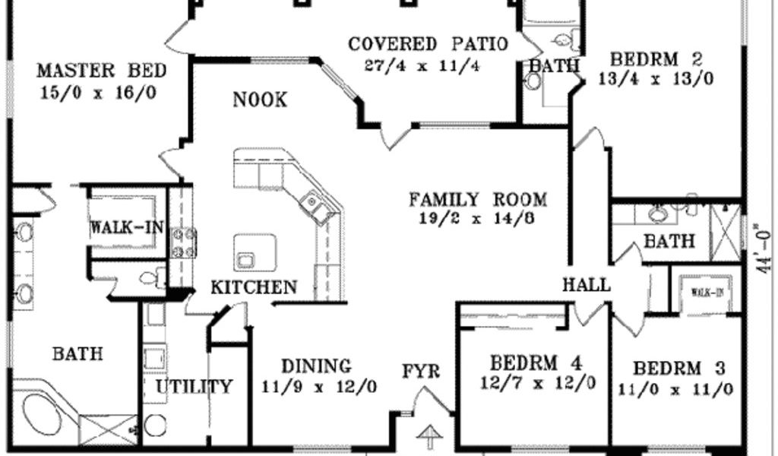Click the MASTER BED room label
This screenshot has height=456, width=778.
[102, 71]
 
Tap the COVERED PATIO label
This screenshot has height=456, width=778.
[429, 44]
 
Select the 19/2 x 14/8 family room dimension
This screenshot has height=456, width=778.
[477, 218]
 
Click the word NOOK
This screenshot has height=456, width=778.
[260, 100]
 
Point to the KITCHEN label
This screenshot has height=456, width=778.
[254, 287]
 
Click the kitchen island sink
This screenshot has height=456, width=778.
[245, 259]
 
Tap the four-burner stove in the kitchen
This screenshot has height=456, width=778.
[183, 243]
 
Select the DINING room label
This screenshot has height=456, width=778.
[317, 366]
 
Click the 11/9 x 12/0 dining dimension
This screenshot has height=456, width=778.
[319, 387]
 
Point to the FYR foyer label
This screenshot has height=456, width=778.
[421, 371]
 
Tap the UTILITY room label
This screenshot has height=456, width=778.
[194, 387]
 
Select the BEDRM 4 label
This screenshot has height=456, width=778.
[536, 363]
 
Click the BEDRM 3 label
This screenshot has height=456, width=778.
[679, 369]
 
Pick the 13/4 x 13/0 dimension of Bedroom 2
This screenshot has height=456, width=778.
[656, 79]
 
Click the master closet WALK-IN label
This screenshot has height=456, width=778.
[127, 228]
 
